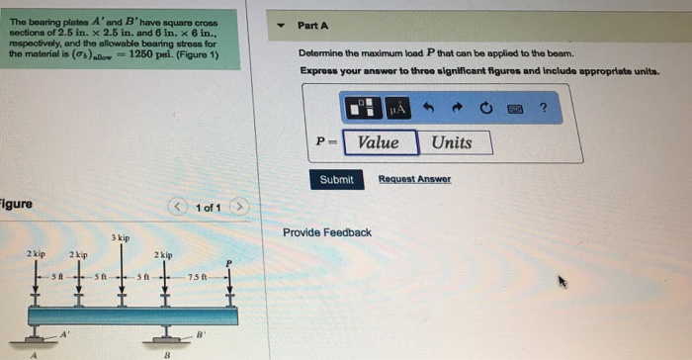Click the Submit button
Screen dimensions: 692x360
click(337, 179)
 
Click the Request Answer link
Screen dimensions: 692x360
click(414, 179)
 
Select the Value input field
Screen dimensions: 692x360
click(381, 142)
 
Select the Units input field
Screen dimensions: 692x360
click(455, 142)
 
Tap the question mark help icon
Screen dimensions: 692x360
click(544, 108)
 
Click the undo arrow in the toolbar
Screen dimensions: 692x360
click(428, 108)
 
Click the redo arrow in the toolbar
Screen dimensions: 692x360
click(457, 108)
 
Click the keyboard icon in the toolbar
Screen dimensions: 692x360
click(515, 109)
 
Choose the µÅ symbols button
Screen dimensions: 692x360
click(397, 108)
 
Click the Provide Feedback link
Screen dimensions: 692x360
click(327, 232)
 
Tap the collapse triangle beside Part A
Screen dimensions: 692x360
click(281, 25)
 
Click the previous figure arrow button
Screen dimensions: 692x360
click(177, 207)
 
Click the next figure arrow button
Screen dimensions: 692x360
click(239, 207)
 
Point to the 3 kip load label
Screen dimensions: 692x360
click(121, 237)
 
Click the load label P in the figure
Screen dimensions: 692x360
click(228, 264)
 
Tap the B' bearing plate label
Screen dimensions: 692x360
click(201, 334)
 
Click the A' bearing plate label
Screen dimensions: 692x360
click(65, 334)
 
